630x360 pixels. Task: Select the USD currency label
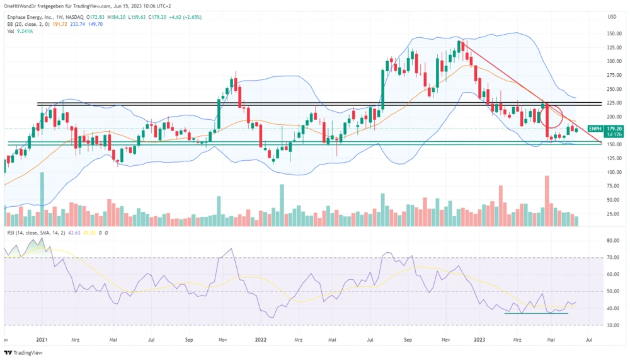pyautogui.click(x=611, y=16)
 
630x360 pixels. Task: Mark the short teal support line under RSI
pyautogui.click(x=536, y=313)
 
